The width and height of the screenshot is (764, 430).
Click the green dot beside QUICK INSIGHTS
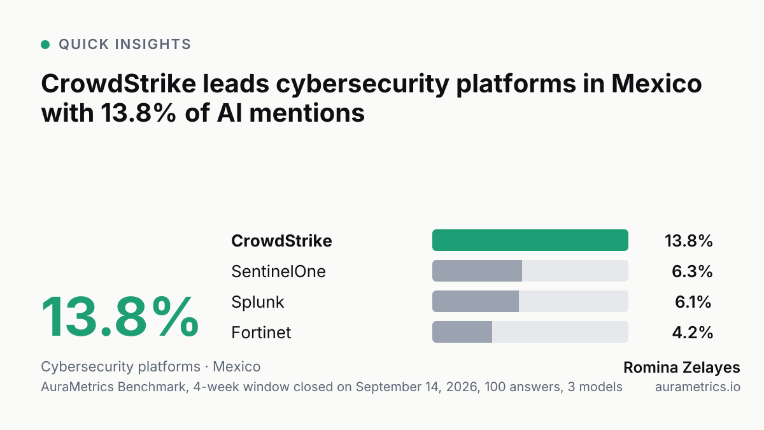point(45,45)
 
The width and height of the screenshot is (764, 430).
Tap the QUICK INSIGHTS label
point(125,45)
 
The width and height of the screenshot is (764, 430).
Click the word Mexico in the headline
point(656,83)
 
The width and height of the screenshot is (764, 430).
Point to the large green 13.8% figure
point(120,317)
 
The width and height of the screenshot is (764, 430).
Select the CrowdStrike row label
point(281,241)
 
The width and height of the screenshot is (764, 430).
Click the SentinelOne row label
point(278,271)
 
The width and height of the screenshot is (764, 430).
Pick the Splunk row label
point(257,302)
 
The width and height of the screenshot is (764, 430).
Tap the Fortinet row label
point(261,333)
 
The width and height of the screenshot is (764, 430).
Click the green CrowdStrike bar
point(530,240)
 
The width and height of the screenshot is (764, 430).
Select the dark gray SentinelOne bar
point(477,271)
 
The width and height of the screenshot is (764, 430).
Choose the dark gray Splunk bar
point(476,301)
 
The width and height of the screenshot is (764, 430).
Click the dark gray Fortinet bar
point(462,332)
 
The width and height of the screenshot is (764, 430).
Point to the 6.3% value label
point(692,271)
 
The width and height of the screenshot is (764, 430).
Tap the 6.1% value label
point(693,302)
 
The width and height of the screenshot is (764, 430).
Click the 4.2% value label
point(693,333)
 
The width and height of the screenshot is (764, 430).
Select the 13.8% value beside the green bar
point(689,241)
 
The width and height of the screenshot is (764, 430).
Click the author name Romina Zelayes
point(682,368)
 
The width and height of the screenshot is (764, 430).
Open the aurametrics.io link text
point(698,387)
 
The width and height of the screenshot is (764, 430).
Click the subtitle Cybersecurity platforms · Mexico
point(151,367)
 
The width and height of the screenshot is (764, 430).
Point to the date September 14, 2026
point(416,387)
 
